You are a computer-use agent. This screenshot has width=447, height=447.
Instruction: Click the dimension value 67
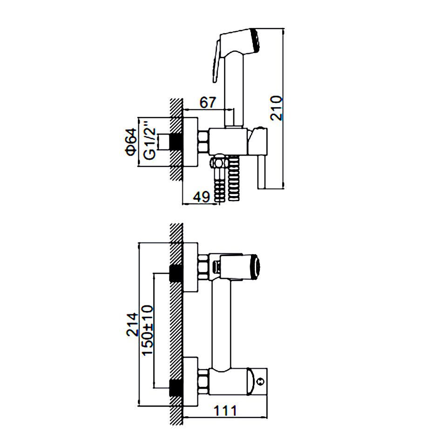[208, 102]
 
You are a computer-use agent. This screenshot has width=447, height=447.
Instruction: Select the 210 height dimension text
[276, 108]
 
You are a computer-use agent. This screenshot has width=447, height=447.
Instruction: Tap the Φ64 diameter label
[131, 142]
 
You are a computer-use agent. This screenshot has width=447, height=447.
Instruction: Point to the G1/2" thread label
[150, 141]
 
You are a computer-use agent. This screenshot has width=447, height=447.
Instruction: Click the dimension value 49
[201, 196]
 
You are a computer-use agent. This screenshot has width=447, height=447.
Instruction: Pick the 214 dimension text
[132, 325]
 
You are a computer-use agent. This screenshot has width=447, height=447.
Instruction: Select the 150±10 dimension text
[148, 331]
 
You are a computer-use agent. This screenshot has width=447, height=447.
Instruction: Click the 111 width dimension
[225, 411]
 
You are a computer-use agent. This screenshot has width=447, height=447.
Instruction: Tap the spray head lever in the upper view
[216, 61]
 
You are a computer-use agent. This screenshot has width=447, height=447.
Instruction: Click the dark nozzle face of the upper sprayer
[256, 40]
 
